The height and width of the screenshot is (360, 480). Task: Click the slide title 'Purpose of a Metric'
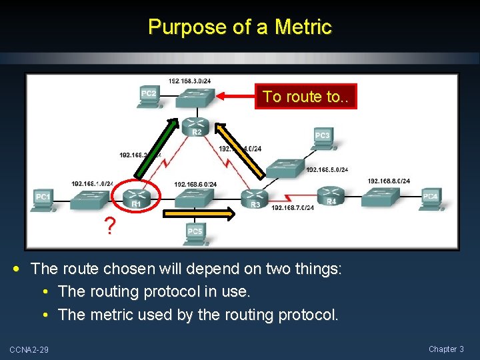tap(240, 27)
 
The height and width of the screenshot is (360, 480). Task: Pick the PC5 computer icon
tap(194, 232)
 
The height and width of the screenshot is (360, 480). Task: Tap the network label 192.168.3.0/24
tap(190, 81)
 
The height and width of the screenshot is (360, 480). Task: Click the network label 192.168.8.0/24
tap(389, 181)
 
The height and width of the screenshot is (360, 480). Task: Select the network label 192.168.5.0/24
tap(327, 169)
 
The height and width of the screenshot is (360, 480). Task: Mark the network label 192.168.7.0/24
tap(292, 207)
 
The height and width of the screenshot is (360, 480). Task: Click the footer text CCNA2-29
tap(29, 349)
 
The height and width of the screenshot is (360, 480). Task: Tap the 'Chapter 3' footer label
tap(446, 349)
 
